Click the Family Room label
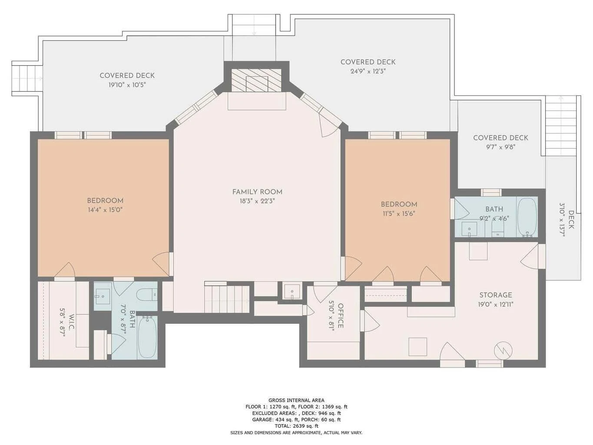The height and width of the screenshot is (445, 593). point(257,192)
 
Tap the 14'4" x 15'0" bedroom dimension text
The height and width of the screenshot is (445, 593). point(105,210)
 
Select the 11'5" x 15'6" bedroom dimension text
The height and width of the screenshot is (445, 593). point(399,213)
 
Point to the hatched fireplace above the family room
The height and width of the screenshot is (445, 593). point(256,80)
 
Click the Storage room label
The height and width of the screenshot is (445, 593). point(496,295)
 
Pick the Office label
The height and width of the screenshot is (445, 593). point(341,315)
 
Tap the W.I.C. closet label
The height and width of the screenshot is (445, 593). point(71,322)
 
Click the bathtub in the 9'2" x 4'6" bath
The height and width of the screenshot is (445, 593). point(527,217)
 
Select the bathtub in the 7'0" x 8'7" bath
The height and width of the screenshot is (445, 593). point(147,337)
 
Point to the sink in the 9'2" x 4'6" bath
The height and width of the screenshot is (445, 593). point(469,229)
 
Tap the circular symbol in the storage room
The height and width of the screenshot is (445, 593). point(504,351)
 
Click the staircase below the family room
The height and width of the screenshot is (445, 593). point(226,299)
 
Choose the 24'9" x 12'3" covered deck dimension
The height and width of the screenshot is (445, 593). point(368,71)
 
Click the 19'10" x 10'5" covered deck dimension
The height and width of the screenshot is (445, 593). point(127,85)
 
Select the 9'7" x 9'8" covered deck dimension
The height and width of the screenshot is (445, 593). point(500,147)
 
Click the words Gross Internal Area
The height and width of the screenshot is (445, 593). point(296,400)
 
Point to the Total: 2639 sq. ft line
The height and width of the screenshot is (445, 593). point(296,426)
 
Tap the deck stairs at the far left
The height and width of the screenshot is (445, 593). point(27,79)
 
